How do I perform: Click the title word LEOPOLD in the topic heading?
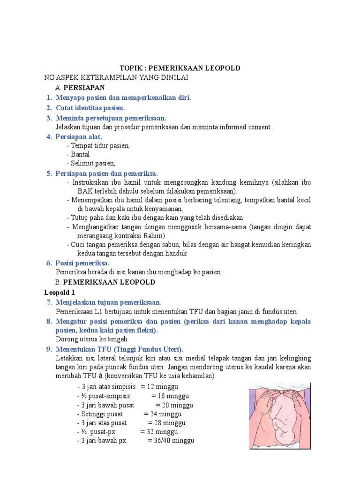(x=219, y=68)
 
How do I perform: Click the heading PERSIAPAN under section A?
(x=84, y=88)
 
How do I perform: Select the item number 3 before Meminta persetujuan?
(x=49, y=117)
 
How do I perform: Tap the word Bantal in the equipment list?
(x=80, y=154)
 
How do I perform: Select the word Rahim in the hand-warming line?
(x=154, y=235)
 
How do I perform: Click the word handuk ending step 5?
(x=176, y=254)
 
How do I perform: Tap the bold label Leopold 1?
(x=60, y=292)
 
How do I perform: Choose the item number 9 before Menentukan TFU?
(x=48, y=349)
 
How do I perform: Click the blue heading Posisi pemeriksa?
(x=82, y=263)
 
